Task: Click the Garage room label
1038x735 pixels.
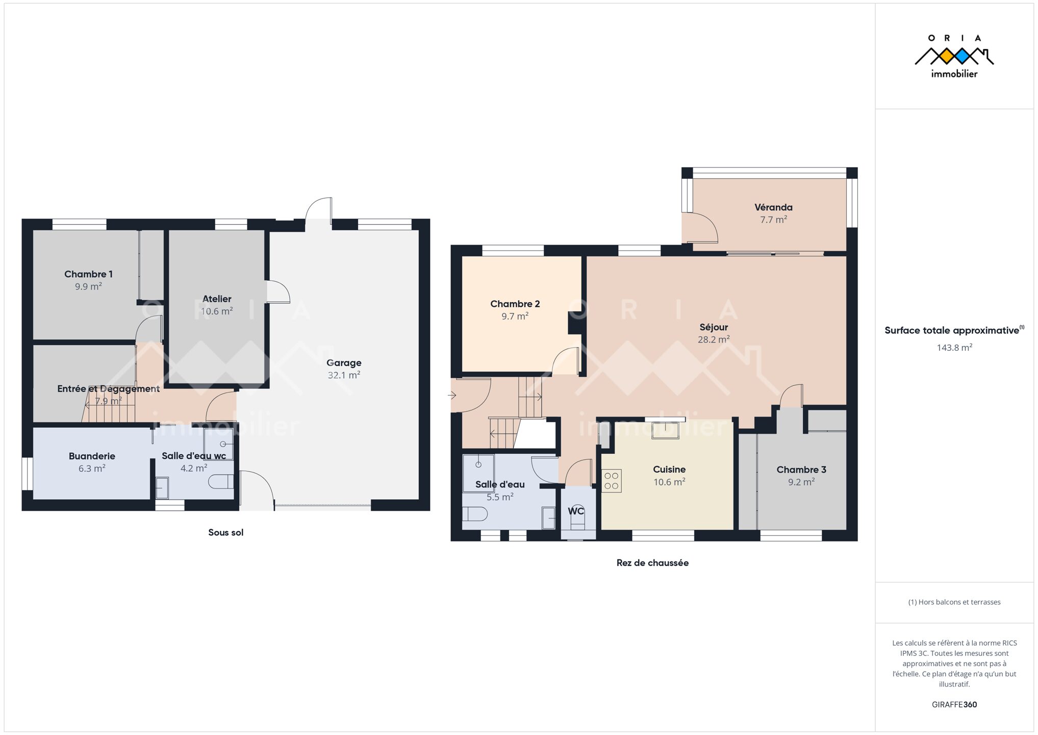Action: click(344, 363)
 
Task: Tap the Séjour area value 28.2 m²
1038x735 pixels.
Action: click(714, 339)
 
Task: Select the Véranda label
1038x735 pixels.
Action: click(773, 207)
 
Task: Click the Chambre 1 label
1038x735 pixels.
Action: click(88, 274)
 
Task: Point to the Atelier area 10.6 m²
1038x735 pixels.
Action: click(217, 311)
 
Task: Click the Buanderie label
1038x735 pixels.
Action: click(92, 456)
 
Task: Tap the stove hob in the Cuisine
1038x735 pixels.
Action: click(612, 480)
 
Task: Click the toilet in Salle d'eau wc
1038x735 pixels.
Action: click(221, 482)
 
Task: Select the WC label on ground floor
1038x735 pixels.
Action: click(576, 511)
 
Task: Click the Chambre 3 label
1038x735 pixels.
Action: click(801, 470)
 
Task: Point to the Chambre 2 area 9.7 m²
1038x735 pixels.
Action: click(515, 316)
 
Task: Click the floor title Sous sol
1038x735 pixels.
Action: click(225, 532)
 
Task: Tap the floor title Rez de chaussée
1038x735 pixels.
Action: click(652, 563)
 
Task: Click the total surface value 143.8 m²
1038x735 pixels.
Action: click(954, 348)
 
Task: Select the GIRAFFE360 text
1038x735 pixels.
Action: click(954, 704)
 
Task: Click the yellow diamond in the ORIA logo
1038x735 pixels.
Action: click(947, 56)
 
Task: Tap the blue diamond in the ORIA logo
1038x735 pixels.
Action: click(963, 56)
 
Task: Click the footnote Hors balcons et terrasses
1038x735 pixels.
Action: click(954, 602)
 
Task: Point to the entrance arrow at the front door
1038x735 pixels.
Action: click(452, 395)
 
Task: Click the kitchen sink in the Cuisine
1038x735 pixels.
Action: click(665, 430)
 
